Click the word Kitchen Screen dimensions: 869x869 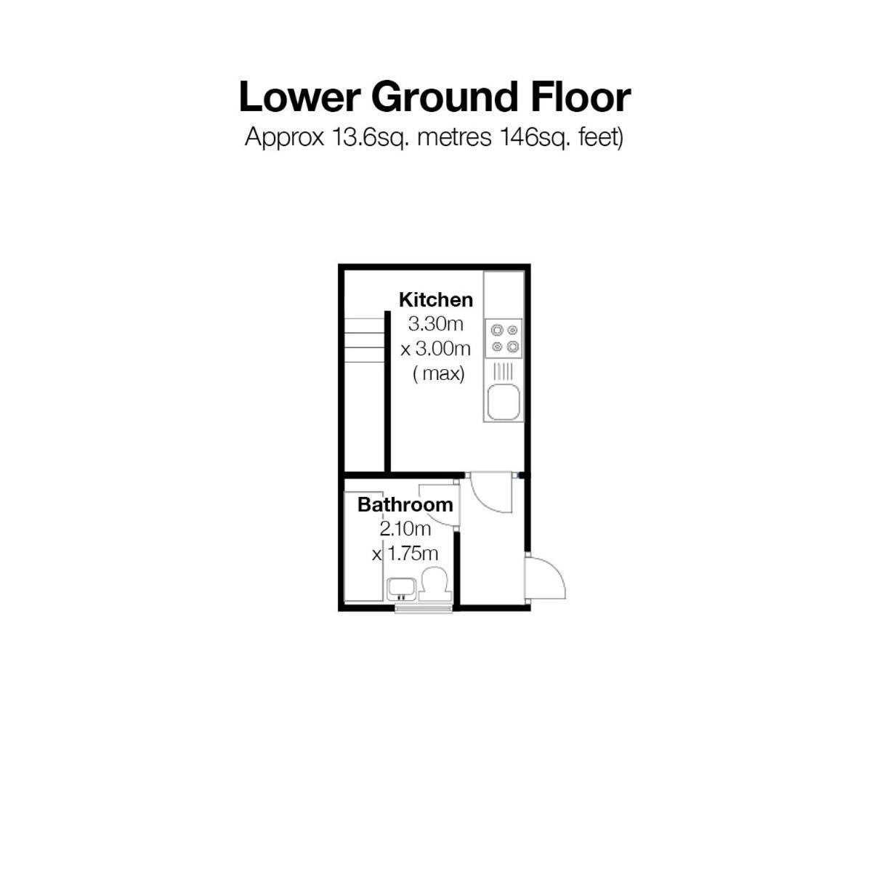436,300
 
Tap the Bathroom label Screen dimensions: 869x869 405,504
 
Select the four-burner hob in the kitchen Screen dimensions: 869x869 504,339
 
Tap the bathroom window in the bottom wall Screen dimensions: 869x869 424,609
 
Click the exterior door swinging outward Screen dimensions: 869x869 546,578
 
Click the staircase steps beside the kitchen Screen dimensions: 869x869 364,340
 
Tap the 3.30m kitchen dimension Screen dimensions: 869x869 436,323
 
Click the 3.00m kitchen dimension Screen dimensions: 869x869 436,349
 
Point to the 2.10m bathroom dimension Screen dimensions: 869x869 405,529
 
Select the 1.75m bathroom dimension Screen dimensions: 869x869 405,553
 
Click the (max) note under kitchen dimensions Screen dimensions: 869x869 438,374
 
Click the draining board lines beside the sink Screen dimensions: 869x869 504,371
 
